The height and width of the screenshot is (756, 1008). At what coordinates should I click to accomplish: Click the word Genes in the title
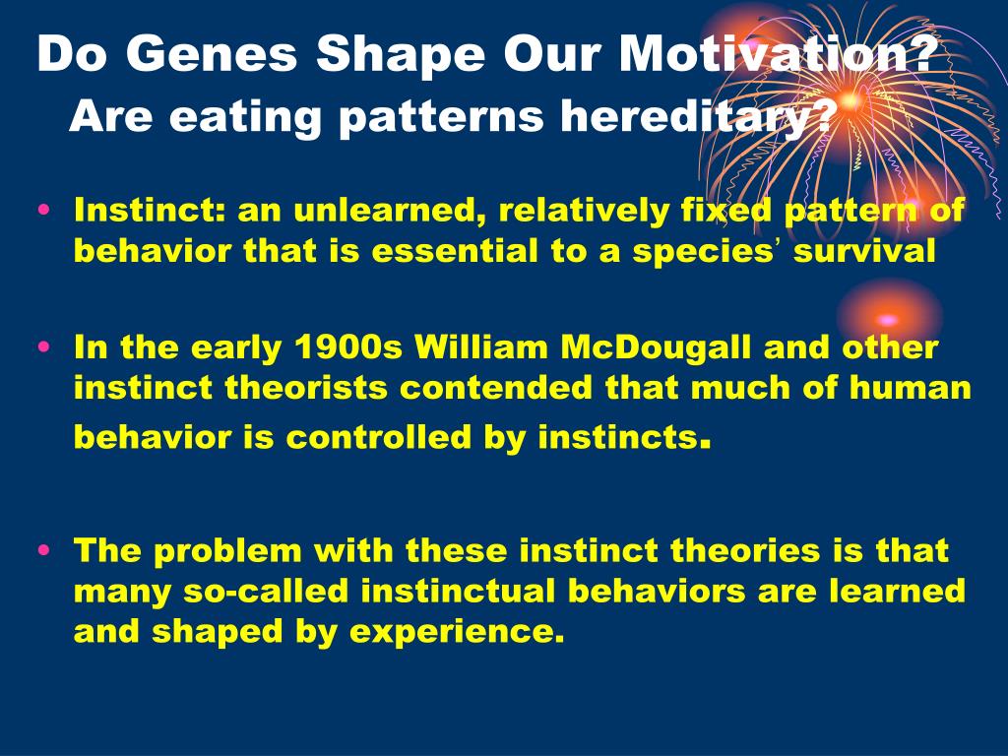coord(212,53)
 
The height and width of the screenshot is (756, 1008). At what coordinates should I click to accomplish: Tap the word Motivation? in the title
coord(776,53)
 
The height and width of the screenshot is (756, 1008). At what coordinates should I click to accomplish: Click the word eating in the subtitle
coord(245,118)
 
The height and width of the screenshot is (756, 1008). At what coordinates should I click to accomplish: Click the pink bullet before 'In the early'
coord(44,346)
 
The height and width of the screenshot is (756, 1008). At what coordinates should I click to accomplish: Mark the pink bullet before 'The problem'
coord(44,549)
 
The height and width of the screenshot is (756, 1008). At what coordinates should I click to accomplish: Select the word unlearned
coord(390,211)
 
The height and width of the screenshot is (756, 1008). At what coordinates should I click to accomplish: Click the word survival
coord(864,251)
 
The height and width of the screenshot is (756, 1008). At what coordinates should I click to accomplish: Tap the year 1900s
coord(347,347)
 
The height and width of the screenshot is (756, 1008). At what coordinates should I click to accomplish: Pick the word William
coord(481,347)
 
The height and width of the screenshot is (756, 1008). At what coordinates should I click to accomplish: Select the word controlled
coord(379,437)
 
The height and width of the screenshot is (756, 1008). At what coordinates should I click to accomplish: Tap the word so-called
coord(266,591)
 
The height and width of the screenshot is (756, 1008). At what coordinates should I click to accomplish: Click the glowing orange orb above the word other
coord(888,319)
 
